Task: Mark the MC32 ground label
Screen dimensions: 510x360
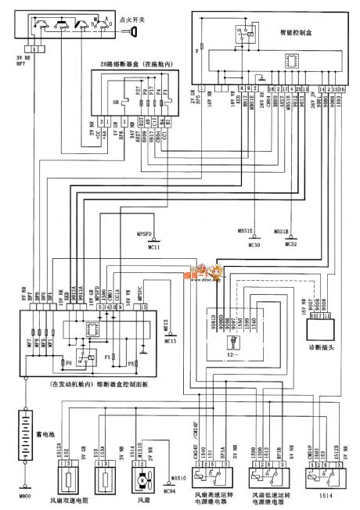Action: tap(290, 246)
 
